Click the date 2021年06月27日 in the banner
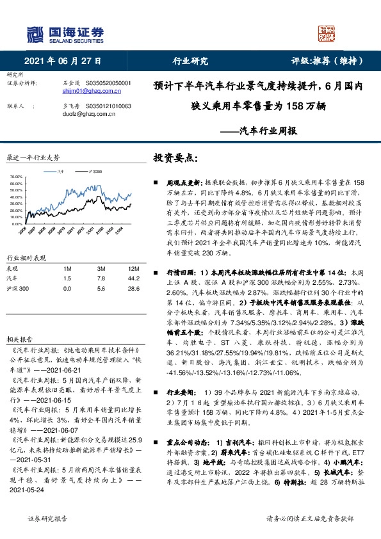[x=63, y=61]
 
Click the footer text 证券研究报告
[x=44, y=522]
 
